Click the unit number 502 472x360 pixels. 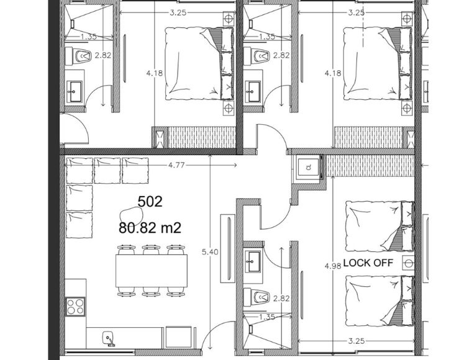(x=150, y=202)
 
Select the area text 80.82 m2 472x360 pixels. (x=150, y=228)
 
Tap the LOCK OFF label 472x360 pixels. (x=368, y=263)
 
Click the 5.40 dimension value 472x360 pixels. (x=210, y=252)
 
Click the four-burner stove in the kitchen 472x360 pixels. (x=75, y=306)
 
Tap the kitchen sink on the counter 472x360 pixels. (x=108, y=338)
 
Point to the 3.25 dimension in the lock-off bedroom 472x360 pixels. (x=356, y=341)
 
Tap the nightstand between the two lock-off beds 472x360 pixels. (x=408, y=263)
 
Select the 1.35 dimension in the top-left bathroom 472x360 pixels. (x=88, y=37)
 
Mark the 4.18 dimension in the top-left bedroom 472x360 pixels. (x=155, y=73)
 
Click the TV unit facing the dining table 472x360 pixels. (x=228, y=248)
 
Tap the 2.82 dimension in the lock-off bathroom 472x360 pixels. (x=281, y=299)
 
